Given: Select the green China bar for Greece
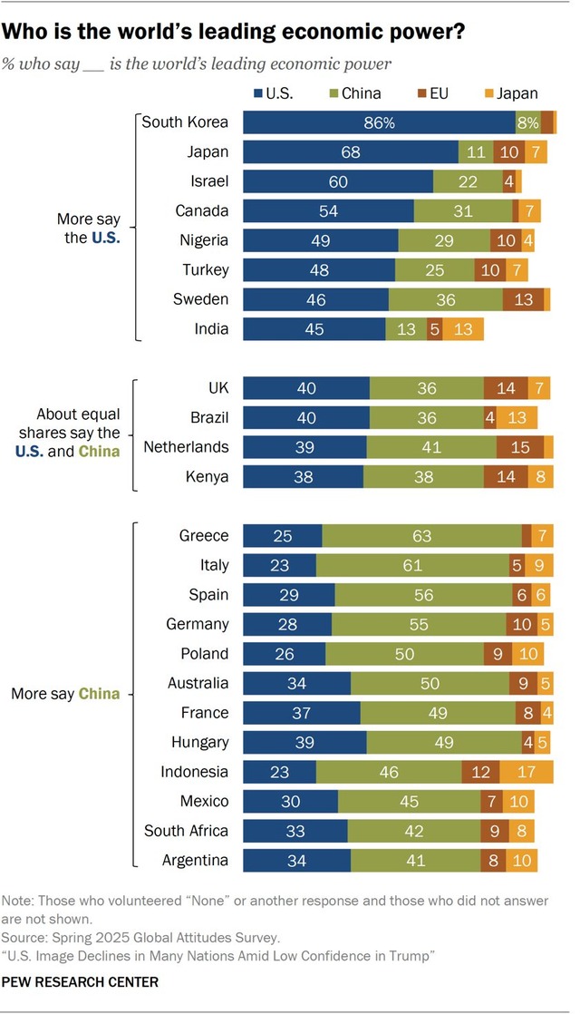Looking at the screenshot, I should (x=421, y=536).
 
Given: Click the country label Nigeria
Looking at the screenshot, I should (x=204, y=240).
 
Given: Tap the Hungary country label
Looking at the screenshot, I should (x=200, y=742).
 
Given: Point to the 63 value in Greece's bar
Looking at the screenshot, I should (x=421, y=536).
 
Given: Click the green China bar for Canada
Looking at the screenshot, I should (x=463, y=211).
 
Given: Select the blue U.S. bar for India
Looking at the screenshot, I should (x=314, y=328).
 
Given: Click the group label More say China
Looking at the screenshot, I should (x=66, y=695).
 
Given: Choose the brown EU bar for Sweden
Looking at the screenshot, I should (x=524, y=299).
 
